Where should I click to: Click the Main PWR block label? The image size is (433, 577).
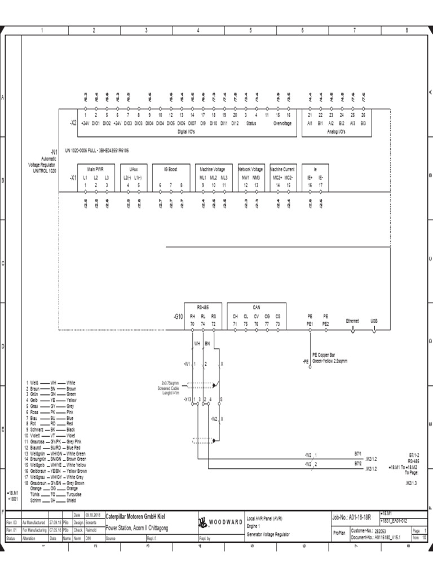coord(95,168)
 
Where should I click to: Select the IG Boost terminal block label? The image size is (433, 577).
coord(171,168)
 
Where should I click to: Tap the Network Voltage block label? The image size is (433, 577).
coord(250,168)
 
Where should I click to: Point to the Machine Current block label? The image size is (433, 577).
coord(282,168)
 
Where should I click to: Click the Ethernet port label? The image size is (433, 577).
coord(352,320)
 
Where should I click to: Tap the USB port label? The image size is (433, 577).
coord(374,320)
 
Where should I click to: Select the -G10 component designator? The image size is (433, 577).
coord(179,317)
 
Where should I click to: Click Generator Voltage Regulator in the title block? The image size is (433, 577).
coord(269,534)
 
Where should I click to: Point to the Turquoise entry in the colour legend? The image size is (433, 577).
coord(74,494)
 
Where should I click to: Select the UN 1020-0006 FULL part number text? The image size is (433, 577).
coord(98,151)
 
